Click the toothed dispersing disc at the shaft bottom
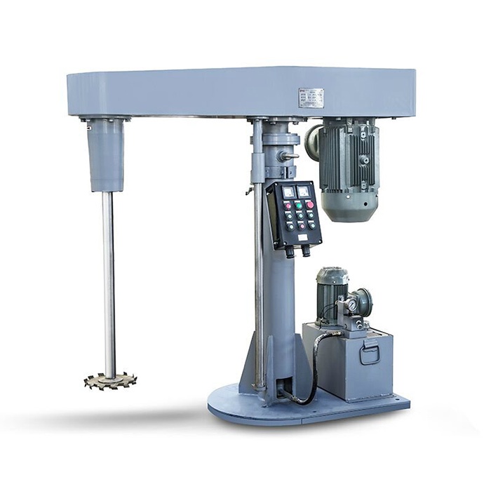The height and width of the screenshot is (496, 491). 109,381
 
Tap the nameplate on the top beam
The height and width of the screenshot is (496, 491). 311,98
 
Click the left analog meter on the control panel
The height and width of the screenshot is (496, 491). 288,191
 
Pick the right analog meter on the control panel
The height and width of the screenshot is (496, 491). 303,189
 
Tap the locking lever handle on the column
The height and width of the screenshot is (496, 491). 290,156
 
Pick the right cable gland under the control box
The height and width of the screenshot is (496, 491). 306,248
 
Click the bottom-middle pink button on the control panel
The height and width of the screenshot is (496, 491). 302,227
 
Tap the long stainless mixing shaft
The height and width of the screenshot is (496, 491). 109,281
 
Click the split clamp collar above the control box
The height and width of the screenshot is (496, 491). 271,138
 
